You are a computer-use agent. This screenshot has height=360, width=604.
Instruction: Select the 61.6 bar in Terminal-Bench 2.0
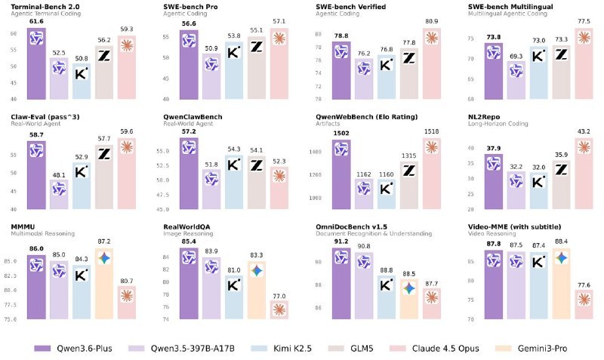[x=37, y=64]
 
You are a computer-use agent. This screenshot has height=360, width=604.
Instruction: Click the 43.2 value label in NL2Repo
[x=583, y=132]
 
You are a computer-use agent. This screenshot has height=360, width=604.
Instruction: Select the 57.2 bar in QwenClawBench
[x=190, y=174]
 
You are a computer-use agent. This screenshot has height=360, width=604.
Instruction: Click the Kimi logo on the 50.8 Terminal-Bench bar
[x=82, y=74]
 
